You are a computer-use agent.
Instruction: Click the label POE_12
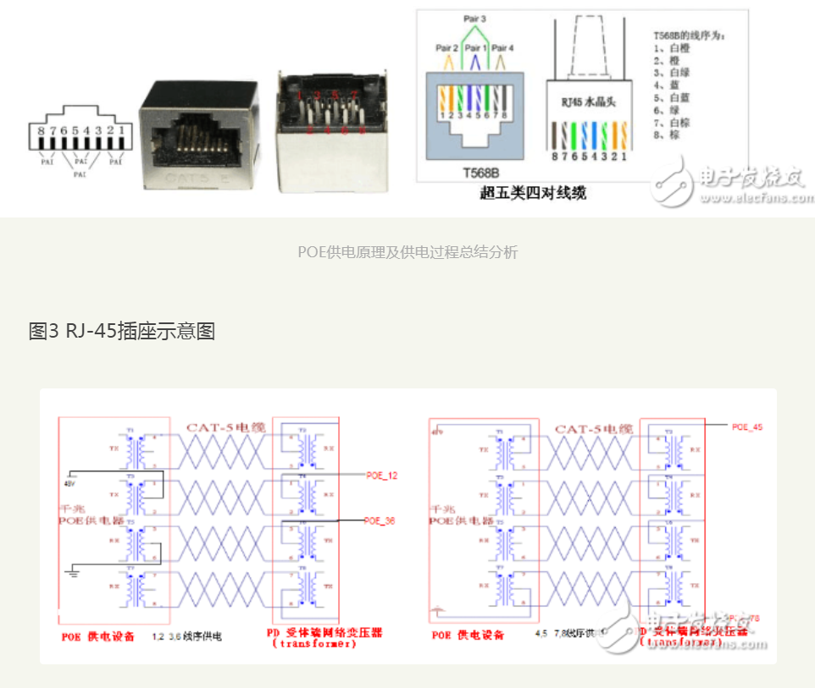381,476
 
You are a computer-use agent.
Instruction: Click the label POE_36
380,520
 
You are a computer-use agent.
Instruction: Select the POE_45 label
747,427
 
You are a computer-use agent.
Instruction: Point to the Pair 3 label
474,18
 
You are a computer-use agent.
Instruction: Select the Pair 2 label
447,47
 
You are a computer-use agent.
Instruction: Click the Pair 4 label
503,47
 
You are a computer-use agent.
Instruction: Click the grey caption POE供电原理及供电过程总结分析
407,252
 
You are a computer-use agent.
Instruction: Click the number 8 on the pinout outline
40,129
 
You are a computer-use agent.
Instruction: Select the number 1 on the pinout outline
123,129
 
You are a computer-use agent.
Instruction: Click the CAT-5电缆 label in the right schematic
593,429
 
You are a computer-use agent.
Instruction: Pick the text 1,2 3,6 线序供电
186,636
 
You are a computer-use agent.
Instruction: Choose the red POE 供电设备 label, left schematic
97,636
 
